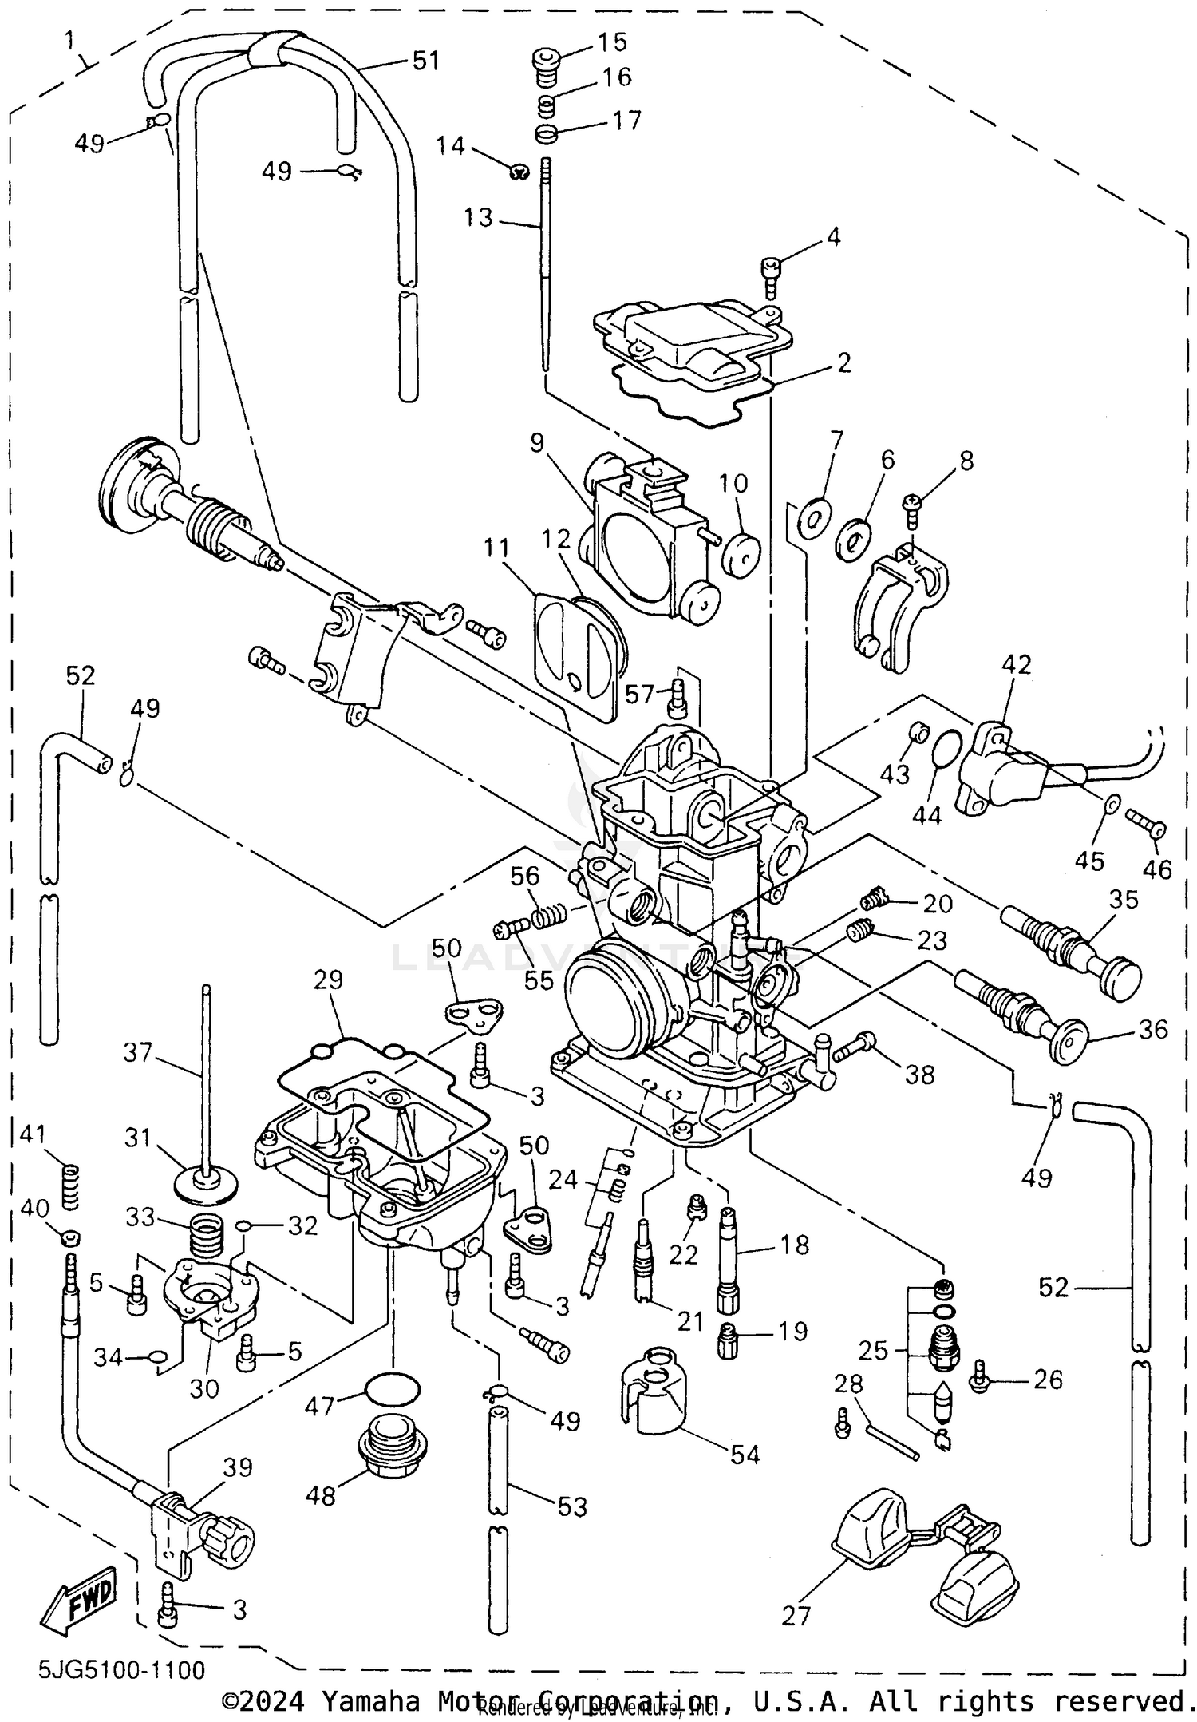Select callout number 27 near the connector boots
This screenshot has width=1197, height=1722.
(x=796, y=1615)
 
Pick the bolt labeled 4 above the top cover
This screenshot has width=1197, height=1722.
(x=771, y=274)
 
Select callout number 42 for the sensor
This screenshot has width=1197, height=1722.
(x=1017, y=664)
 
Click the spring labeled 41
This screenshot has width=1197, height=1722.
(x=72, y=1186)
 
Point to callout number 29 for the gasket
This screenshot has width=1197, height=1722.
(x=327, y=980)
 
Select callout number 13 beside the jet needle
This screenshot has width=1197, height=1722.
(x=479, y=217)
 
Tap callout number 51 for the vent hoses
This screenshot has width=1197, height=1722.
(x=425, y=61)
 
